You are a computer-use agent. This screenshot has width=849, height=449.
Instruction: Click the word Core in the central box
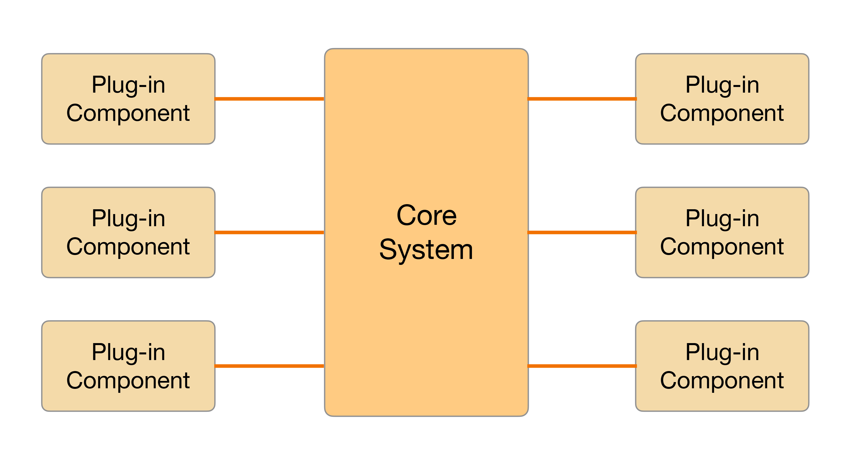point(426,215)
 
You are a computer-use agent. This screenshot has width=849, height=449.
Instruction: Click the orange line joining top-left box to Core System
point(269,99)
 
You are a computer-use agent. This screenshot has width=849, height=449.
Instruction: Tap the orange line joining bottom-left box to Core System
point(269,366)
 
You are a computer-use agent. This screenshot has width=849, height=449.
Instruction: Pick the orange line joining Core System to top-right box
point(582,99)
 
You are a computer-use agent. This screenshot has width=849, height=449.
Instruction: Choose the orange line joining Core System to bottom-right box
point(582,366)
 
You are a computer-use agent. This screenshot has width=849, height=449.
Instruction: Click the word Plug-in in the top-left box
point(128,85)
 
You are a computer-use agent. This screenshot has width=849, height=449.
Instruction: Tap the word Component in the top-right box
point(722,113)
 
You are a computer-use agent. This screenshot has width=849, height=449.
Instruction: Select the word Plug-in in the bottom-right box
point(722,352)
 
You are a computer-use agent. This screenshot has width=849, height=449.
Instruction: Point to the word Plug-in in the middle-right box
point(722,219)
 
